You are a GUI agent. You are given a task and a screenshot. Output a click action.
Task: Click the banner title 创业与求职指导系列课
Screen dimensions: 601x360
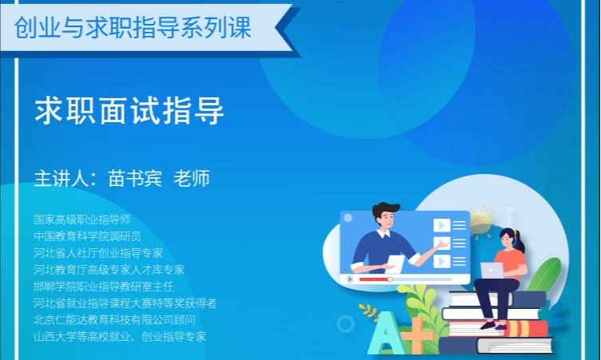132,28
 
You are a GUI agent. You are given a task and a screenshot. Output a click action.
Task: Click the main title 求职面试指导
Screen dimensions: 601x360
129,110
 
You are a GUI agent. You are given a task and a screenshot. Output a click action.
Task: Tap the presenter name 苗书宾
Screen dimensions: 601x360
135,178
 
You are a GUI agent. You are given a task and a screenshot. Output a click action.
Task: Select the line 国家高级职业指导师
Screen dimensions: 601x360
82,220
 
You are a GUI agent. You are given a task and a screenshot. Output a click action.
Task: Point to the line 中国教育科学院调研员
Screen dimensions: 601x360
87,236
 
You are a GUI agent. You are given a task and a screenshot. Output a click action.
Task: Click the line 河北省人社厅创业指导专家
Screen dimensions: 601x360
98,253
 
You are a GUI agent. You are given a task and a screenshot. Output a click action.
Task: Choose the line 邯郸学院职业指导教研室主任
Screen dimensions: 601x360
104,287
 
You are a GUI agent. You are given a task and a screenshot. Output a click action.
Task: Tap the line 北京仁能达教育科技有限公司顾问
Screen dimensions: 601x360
115,320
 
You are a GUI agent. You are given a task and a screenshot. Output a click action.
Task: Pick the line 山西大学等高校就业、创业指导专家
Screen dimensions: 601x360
120,337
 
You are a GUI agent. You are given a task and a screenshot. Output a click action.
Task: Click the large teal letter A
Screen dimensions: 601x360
386,333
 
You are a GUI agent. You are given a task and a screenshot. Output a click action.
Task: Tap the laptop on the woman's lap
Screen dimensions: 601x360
492,271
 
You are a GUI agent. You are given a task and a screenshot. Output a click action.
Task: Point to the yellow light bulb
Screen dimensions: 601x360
480,223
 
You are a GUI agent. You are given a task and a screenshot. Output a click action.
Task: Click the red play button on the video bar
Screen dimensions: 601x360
350,279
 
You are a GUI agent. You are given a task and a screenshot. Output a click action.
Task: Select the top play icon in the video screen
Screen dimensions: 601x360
441,225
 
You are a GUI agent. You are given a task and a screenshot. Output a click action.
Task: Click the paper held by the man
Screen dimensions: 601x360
396,264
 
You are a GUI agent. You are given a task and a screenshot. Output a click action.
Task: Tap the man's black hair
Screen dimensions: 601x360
385,209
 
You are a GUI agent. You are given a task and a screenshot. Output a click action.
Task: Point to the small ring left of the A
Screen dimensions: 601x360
346,324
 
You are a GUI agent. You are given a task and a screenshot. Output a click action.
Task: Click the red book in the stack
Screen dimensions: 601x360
497,329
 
